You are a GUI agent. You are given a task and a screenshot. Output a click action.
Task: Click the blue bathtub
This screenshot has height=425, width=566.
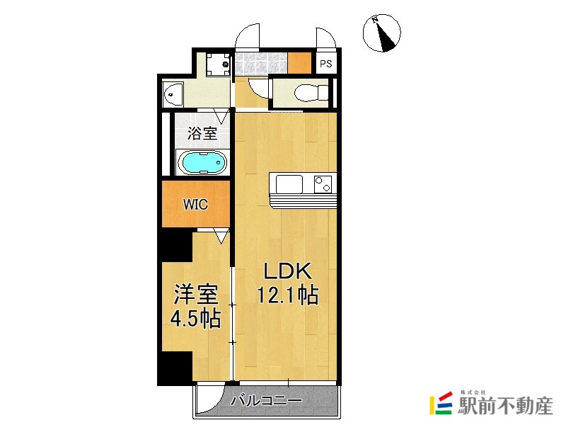[203, 162]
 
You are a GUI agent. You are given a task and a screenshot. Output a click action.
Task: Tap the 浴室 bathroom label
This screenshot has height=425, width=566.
[203, 132]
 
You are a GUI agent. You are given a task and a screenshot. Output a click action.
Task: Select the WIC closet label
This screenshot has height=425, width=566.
[195, 205]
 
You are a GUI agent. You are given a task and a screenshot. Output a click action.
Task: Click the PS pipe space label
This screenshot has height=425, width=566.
[325, 64]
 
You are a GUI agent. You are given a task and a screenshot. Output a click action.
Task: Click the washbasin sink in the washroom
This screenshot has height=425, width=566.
[172, 93]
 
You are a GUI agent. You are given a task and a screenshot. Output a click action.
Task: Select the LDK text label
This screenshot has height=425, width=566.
[287, 271]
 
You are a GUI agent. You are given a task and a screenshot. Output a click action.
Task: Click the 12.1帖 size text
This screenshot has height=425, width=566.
[287, 294]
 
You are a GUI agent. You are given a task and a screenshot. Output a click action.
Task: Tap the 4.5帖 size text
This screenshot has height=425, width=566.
[196, 318]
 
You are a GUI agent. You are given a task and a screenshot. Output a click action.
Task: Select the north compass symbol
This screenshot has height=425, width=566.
[381, 34]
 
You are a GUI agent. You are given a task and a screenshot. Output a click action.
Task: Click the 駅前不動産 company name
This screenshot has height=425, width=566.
[506, 406]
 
